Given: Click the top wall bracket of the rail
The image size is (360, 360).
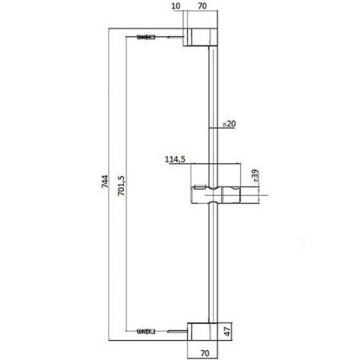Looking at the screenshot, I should click(x=202, y=38).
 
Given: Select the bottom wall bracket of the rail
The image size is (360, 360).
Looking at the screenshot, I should click(x=202, y=330).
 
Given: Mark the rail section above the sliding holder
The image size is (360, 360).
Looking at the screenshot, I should click(x=213, y=104).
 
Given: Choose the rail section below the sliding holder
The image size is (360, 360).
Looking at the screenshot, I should click(x=213, y=264).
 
